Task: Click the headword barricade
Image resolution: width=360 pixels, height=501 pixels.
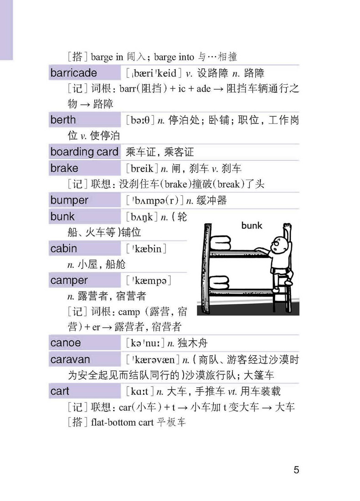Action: click(x=74, y=73)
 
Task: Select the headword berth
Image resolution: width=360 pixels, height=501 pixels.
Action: click(x=63, y=120)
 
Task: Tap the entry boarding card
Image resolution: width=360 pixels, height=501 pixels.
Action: click(x=84, y=152)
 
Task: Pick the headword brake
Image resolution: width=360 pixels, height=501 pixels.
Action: click(x=64, y=168)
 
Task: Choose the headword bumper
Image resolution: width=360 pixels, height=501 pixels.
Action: click(x=69, y=200)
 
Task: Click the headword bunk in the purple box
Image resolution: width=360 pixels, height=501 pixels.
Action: click(x=62, y=216)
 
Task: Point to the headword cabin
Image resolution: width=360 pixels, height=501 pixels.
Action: click(x=64, y=249)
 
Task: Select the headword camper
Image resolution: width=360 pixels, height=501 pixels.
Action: click(x=69, y=281)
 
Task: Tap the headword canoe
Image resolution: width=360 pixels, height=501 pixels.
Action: click(x=66, y=343)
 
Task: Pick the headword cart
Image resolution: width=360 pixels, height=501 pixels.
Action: click(x=60, y=391)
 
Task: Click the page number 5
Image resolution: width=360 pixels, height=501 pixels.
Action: click(x=296, y=470)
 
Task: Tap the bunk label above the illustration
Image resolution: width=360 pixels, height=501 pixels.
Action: click(x=252, y=225)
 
